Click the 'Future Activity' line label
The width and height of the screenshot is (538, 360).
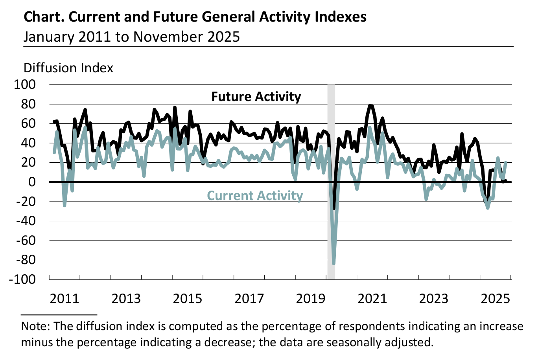click(256, 97)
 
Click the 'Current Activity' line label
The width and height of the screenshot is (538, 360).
click(255, 196)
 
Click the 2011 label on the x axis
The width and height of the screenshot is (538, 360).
click(64, 299)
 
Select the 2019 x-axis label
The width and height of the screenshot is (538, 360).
click(311, 299)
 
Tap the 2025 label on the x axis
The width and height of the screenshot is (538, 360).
click(496, 299)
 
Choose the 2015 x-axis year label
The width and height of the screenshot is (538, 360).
click(188, 299)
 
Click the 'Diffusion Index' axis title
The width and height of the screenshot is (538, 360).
click(68, 68)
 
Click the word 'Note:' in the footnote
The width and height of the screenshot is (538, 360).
click(36, 326)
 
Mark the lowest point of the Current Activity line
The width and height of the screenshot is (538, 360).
click(333, 263)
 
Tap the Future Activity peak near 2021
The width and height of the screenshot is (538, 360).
click(370, 105)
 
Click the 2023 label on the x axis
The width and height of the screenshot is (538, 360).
click(433, 299)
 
